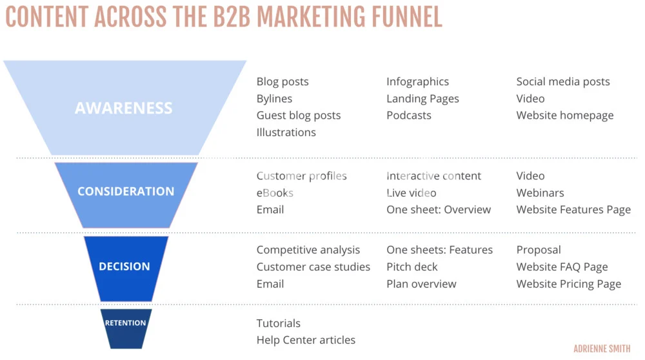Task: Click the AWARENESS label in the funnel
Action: (x=123, y=108)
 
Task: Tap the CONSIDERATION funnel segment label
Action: (x=126, y=192)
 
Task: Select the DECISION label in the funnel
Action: (x=124, y=266)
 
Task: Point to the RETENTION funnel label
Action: (x=126, y=323)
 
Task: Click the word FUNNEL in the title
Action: (x=406, y=17)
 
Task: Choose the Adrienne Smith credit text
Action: (x=602, y=349)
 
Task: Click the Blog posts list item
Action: (x=283, y=82)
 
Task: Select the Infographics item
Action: (x=417, y=82)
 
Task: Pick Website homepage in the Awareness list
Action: (x=565, y=115)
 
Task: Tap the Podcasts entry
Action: (x=409, y=115)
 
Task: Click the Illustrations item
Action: (x=286, y=132)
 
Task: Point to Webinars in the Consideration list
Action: (x=540, y=193)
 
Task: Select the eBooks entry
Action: (x=275, y=193)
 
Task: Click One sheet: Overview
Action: (x=439, y=210)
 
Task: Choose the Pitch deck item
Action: (x=412, y=267)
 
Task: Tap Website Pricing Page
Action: (x=569, y=285)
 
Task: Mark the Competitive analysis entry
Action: (x=308, y=250)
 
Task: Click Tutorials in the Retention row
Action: (x=279, y=323)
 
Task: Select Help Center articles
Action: (x=306, y=340)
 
